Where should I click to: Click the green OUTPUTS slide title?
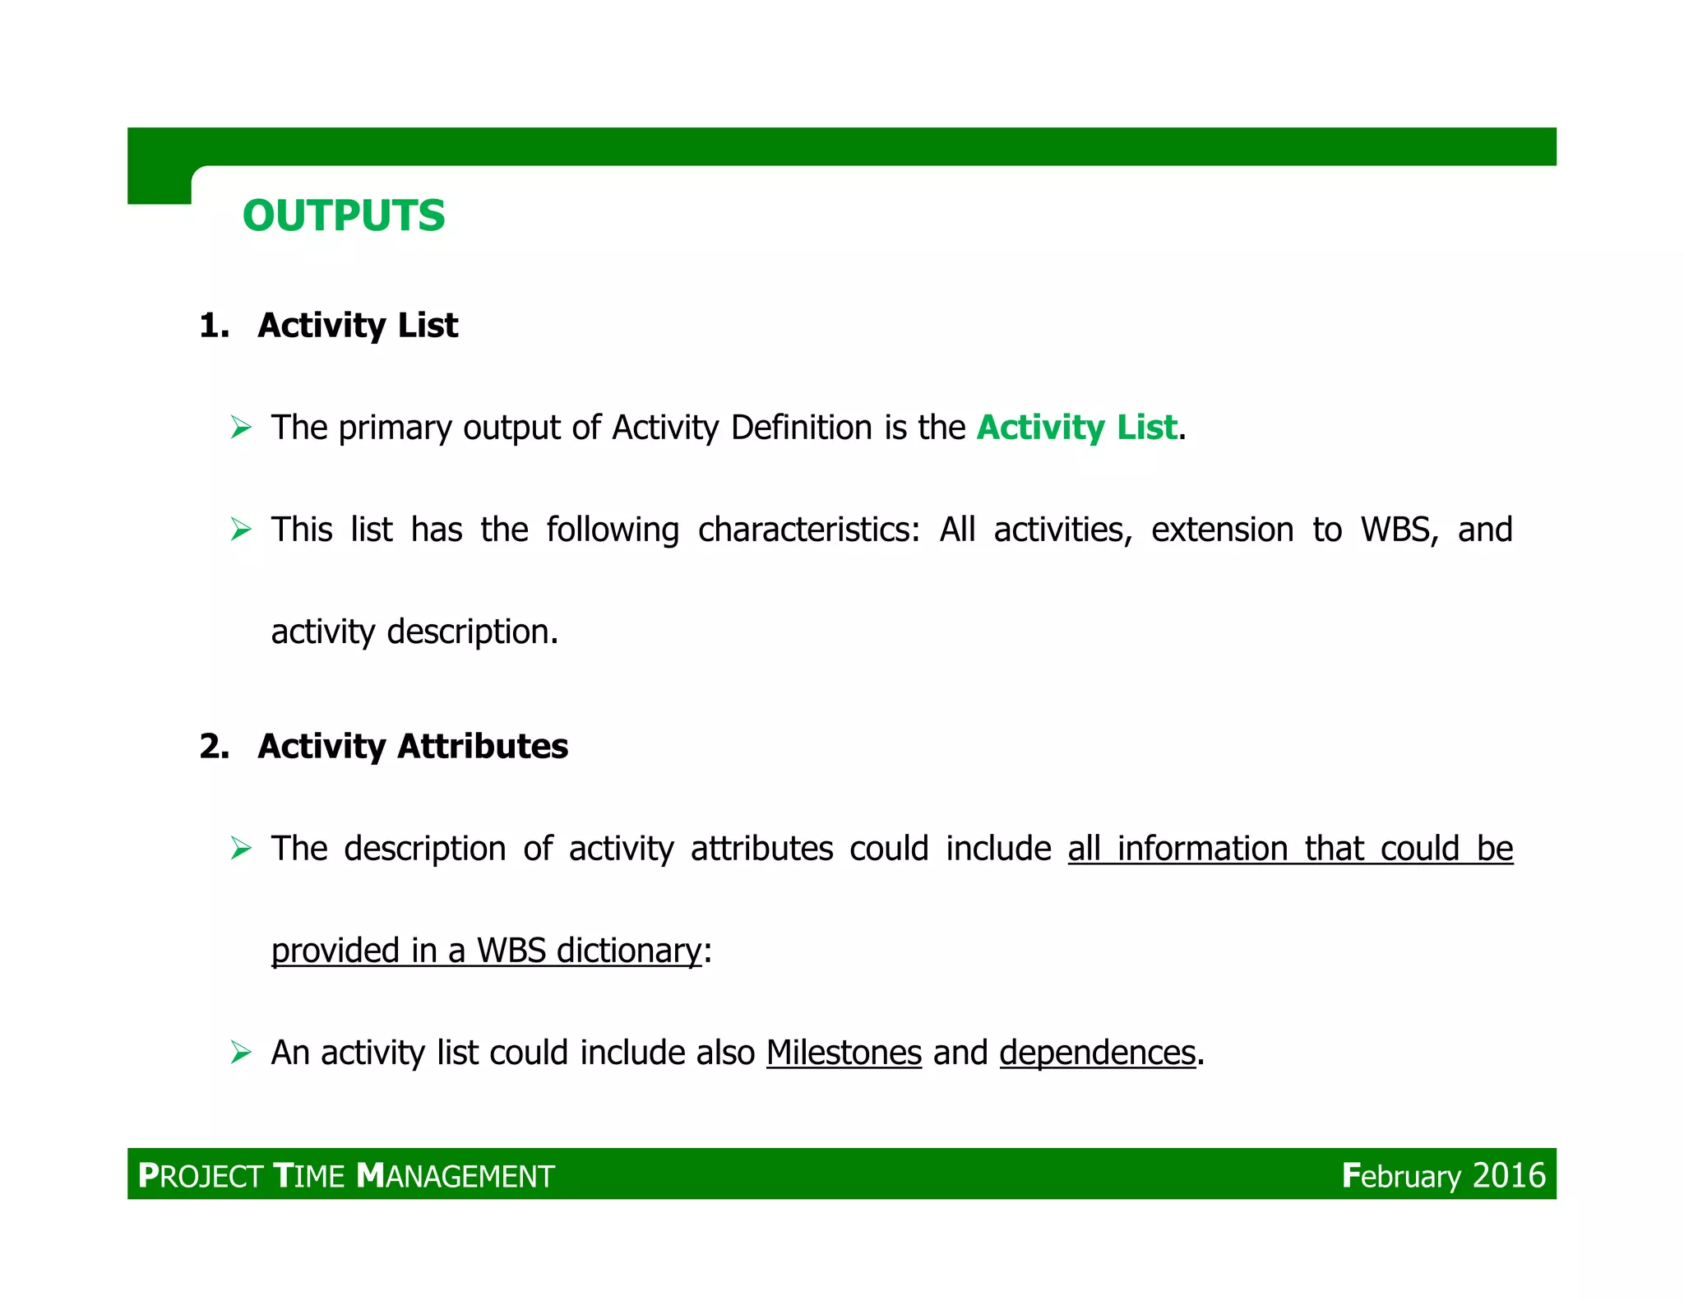(x=344, y=216)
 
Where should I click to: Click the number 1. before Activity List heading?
(x=214, y=326)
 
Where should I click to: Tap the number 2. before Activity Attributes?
(x=214, y=747)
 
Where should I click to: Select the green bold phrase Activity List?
(x=1076, y=428)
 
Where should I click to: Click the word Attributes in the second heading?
(x=483, y=747)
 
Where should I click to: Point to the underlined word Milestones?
(x=844, y=1053)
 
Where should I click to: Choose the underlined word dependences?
(x=1097, y=1053)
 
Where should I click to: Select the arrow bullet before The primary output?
(x=241, y=428)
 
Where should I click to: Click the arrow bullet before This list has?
(x=241, y=529)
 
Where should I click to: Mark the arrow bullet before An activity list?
(x=241, y=1052)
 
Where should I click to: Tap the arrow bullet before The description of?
(x=241, y=848)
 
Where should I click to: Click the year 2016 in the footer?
(x=1509, y=1176)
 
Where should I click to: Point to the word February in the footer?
(x=1401, y=1176)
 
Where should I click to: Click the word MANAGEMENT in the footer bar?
(x=456, y=1176)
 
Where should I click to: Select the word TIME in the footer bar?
(x=308, y=1176)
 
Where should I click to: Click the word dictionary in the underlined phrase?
(x=629, y=951)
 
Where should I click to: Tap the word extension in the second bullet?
(x=1222, y=530)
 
